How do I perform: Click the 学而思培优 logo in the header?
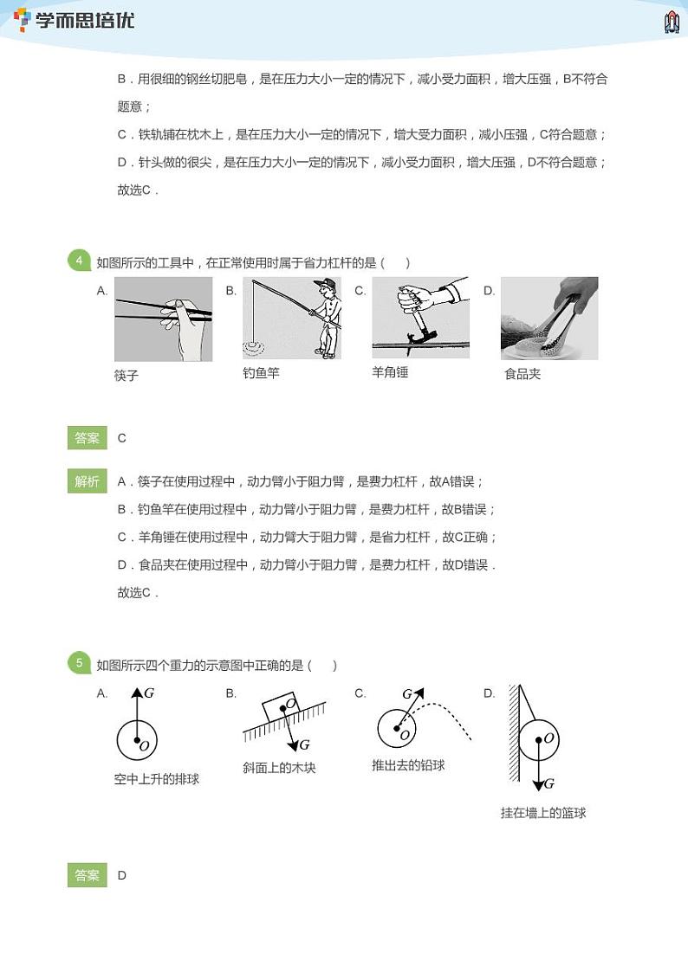(x=75, y=20)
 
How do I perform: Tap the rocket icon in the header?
(x=671, y=22)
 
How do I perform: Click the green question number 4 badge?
(x=79, y=261)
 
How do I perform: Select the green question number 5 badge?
(x=79, y=664)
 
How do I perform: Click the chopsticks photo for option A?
(x=163, y=319)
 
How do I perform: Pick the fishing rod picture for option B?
(x=291, y=319)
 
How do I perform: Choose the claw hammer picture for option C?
(x=420, y=318)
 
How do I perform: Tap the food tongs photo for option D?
(x=549, y=318)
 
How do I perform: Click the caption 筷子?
(x=127, y=376)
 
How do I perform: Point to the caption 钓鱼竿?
(x=261, y=373)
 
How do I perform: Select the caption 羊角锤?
(x=390, y=372)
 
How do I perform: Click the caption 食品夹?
(x=522, y=375)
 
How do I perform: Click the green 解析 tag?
(x=87, y=482)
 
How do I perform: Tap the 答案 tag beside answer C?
(x=87, y=438)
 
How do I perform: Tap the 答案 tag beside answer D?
(x=87, y=875)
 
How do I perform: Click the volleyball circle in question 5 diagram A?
(x=137, y=739)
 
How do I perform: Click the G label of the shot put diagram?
(x=407, y=694)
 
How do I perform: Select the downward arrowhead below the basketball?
(x=542, y=783)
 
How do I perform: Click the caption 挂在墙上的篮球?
(x=543, y=813)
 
